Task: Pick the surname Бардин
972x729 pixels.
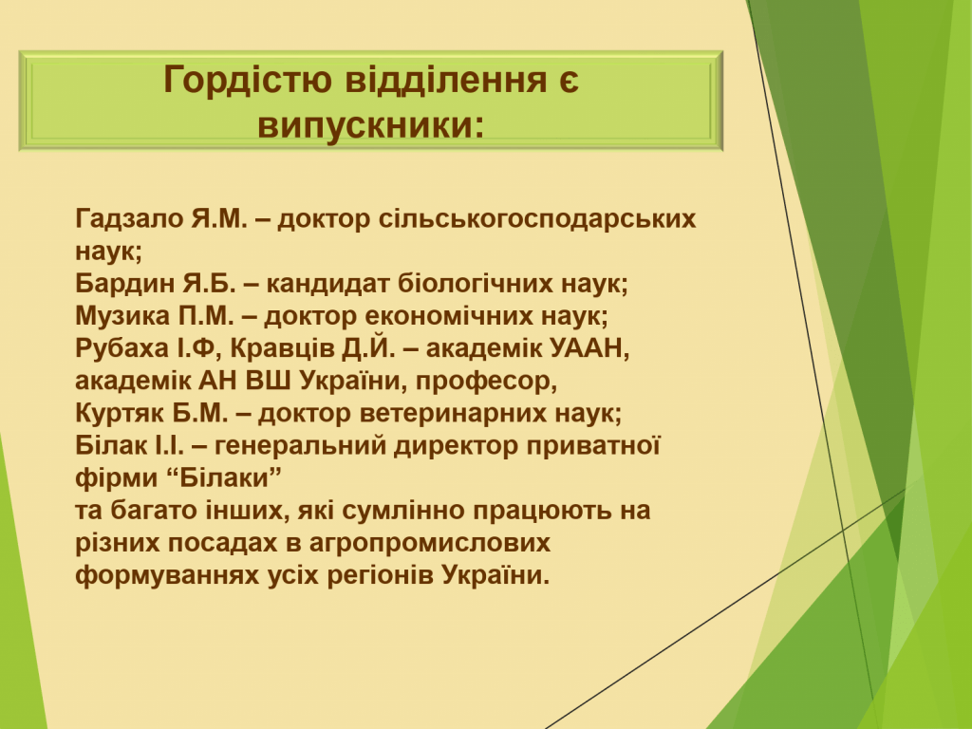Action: coord(124,283)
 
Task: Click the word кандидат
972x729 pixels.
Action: coord(327,284)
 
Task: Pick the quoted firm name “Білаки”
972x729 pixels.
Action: coord(224,478)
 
